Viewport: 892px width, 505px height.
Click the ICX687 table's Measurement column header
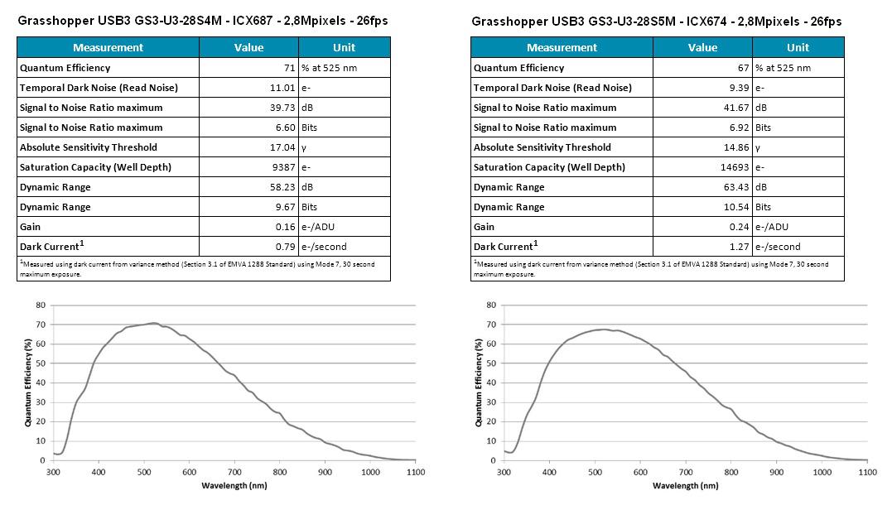click(x=108, y=47)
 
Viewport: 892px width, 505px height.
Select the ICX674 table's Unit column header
click(x=798, y=47)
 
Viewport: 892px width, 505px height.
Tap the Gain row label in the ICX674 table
click(x=484, y=227)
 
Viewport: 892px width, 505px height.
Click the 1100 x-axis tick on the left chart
click(x=415, y=472)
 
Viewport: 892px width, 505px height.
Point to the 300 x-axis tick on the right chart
click(x=504, y=472)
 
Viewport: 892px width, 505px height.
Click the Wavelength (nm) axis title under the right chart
click(x=685, y=485)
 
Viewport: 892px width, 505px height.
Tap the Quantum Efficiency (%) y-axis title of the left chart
click(x=27, y=382)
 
